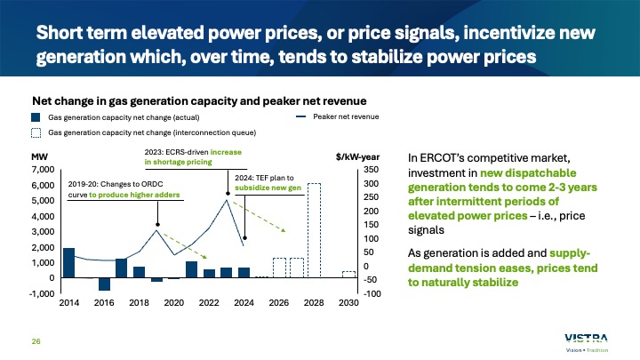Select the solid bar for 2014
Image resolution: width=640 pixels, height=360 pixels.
[x=69, y=262]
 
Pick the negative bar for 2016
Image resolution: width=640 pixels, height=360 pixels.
[x=104, y=284]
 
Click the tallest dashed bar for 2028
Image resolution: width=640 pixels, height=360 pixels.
[x=314, y=230]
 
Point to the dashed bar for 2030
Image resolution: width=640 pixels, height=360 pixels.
[x=348, y=274]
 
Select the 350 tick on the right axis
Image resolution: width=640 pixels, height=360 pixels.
[x=371, y=169]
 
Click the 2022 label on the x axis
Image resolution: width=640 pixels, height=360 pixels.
[x=209, y=303]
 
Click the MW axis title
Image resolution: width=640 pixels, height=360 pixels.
[x=40, y=156]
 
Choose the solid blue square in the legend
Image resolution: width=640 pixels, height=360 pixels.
[x=36, y=117]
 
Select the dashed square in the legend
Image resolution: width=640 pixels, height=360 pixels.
[x=36, y=132]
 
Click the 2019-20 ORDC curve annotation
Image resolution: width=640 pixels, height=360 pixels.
[x=124, y=188]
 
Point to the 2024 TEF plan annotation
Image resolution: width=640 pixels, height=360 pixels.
[x=268, y=182]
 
